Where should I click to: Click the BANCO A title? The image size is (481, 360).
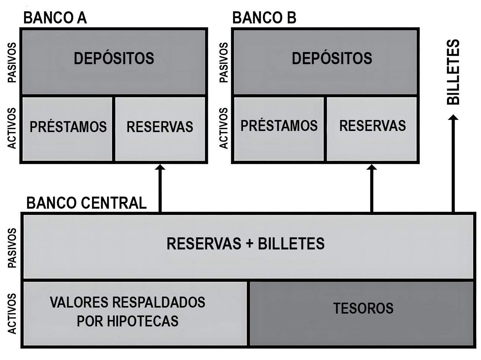point(55,18)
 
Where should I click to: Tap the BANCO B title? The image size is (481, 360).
point(264,18)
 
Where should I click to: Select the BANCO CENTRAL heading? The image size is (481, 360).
point(86,203)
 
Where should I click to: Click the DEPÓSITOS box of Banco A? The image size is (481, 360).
point(114,62)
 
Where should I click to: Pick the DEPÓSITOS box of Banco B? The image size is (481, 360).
point(325,62)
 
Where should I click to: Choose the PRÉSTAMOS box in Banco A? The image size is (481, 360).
point(68,129)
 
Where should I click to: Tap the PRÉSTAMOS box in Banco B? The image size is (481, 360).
point(279,129)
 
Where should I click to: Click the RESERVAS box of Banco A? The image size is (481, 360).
point(160,129)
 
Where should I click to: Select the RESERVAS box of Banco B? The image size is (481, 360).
point(372,129)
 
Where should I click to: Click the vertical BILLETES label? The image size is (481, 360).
point(453,72)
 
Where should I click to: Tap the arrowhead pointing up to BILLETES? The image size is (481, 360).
point(453,118)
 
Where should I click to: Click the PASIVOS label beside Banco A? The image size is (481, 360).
point(12,63)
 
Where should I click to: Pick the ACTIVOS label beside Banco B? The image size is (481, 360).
point(224,128)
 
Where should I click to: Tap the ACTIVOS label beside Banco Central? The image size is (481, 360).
point(12,314)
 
